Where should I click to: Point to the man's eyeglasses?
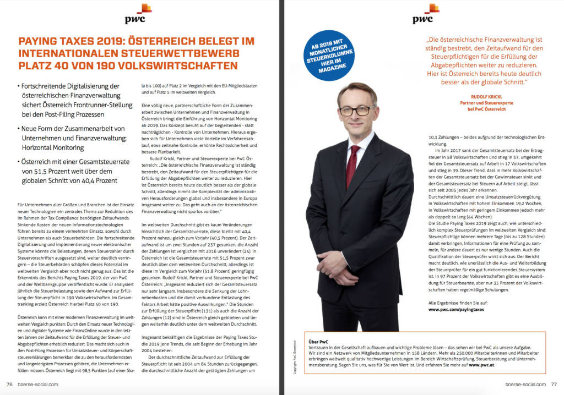tap(357, 110)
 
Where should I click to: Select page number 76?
tap(9, 385)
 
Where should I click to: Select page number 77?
tap(554, 385)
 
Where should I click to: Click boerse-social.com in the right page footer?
tap(526, 385)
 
